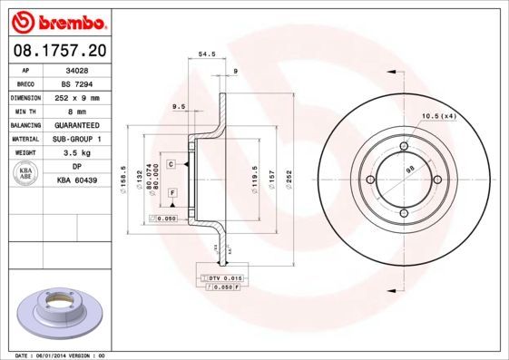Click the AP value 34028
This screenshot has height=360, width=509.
[x=77, y=69]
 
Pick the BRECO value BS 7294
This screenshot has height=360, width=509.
[x=77, y=83]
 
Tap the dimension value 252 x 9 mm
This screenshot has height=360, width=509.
[x=77, y=97]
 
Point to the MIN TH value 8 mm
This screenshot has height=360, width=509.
[x=77, y=111]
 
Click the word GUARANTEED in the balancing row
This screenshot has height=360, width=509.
[x=77, y=125]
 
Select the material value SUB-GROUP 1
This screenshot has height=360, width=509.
[x=77, y=139]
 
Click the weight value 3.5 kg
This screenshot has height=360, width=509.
[x=77, y=153]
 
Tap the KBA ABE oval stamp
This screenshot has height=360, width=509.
[x=26, y=174]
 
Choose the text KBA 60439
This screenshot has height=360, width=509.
[x=77, y=181]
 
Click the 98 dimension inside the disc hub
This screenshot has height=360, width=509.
[x=409, y=170]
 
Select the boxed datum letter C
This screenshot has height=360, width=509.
[x=171, y=164]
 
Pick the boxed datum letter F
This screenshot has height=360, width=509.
[x=171, y=193]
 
